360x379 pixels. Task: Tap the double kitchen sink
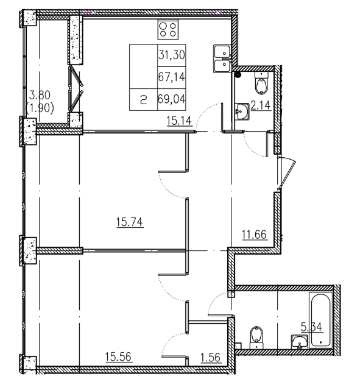point(221,57)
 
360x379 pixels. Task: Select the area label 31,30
point(171,55)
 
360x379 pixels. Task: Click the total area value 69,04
point(171,97)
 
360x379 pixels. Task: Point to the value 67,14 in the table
point(171,76)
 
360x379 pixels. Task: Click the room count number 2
point(143,98)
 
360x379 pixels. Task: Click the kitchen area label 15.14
point(179,121)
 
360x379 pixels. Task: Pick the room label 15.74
point(129,223)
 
